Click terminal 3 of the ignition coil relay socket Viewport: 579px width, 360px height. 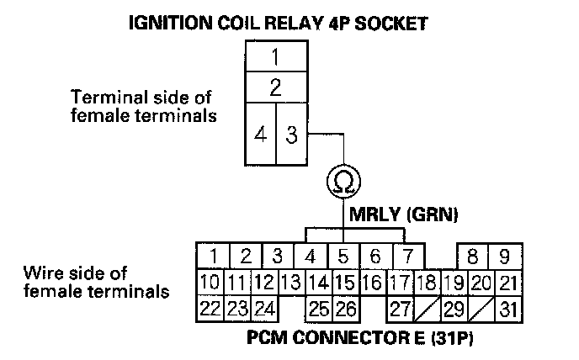292,135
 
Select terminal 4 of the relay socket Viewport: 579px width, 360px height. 262,135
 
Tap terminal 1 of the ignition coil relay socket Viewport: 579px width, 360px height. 275,58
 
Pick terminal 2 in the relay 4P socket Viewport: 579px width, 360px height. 275,87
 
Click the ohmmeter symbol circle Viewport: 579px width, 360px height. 343,181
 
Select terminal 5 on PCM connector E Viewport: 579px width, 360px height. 343,256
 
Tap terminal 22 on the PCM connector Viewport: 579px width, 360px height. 210,309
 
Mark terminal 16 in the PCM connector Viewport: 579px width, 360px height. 372,282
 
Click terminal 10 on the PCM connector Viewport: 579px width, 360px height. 210,282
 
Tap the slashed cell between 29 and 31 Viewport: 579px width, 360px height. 480,309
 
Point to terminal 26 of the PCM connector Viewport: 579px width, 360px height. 346,309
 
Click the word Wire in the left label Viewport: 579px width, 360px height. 42,273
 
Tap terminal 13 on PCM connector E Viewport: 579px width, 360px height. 290,282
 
